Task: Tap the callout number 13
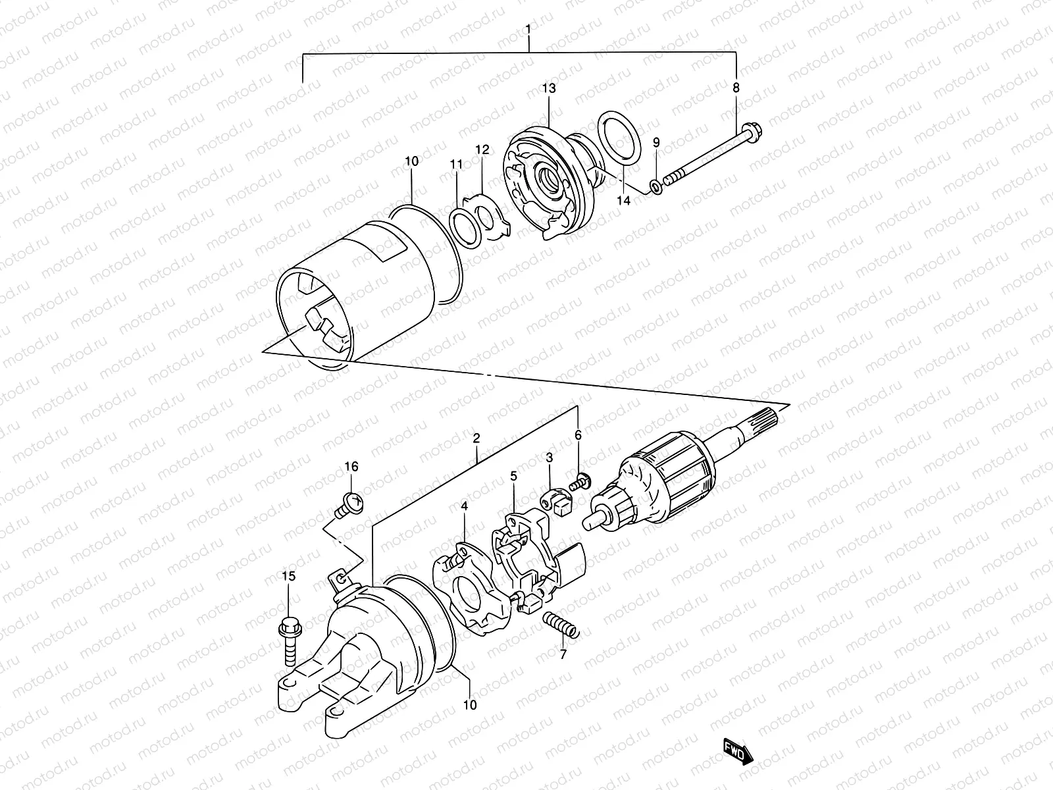click(549, 88)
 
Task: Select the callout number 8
click(736, 87)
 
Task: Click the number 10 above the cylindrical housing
click(411, 161)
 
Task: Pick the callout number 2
click(476, 438)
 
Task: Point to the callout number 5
click(513, 475)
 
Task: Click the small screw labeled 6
click(580, 481)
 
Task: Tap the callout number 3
click(549, 457)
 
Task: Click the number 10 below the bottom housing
click(470, 706)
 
